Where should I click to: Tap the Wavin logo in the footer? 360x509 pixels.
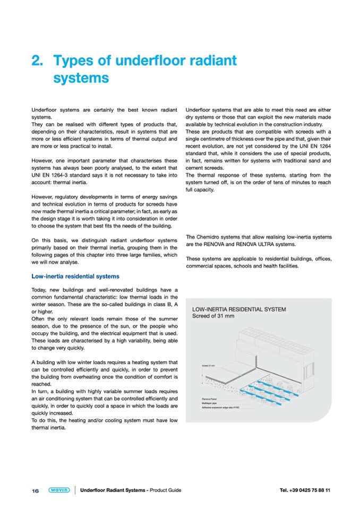58,489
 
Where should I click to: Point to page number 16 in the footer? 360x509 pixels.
36,490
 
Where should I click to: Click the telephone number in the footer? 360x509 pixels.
305,490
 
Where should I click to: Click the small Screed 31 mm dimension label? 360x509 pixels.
209,366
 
